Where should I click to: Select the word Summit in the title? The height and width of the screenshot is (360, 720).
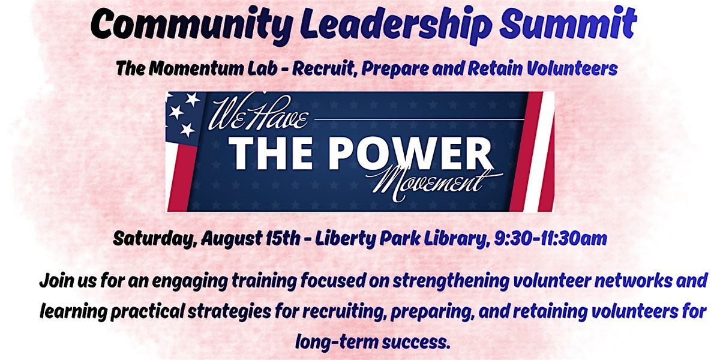(568, 23)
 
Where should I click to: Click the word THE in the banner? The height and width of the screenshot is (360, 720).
(271, 154)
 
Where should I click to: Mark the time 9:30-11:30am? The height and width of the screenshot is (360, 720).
(550, 238)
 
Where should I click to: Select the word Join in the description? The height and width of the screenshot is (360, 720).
(56, 281)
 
